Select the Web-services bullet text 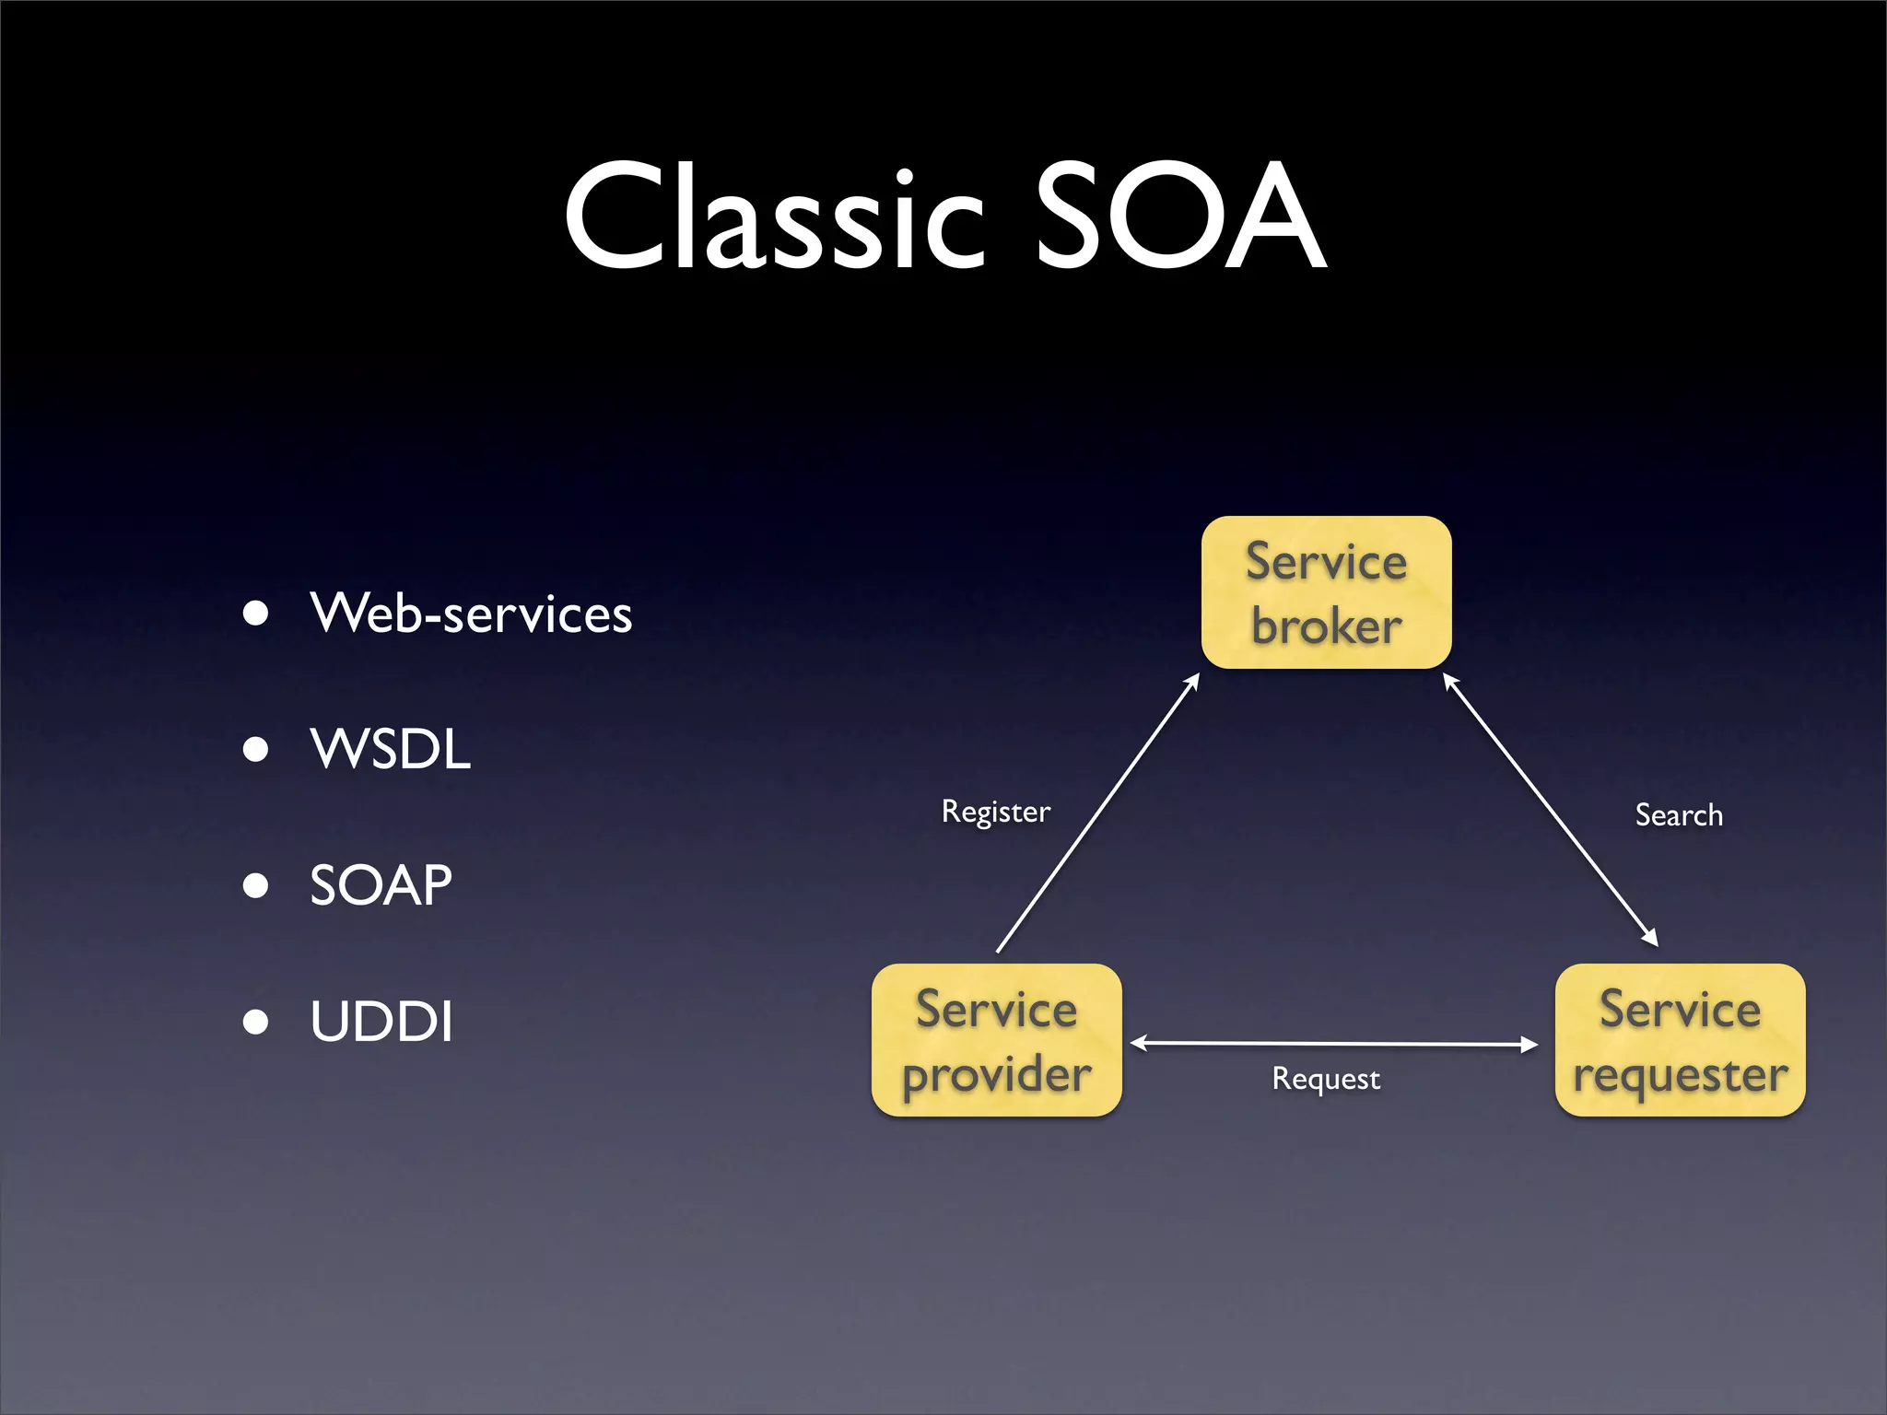click(x=471, y=614)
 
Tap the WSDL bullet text click(x=390, y=749)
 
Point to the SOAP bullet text click(x=381, y=885)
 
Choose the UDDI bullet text click(x=381, y=1022)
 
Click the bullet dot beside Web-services click(x=255, y=614)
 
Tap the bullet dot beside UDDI click(x=255, y=1022)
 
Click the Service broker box click(x=1326, y=592)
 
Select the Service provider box click(x=996, y=1040)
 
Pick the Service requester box click(x=1680, y=1040)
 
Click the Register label click(x=995, y=812)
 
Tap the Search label click(x=1678, y=815)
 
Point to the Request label click(x=1326, y=1078)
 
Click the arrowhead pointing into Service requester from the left click(x=1530, y=1045)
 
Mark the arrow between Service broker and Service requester click(x=1550, y=810)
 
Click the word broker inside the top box click(x=1326, y=627)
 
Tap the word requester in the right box click(x=1680, y=1075)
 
